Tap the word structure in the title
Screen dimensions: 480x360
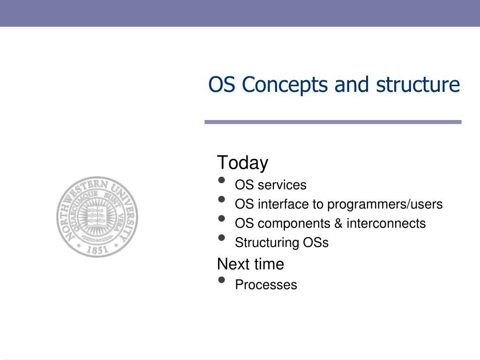click(418, 84)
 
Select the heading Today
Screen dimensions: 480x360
click(242, 163)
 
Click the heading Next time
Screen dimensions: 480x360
click(250, 264)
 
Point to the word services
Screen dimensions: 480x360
click(282, 185)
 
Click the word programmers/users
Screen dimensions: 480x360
click(385, 204)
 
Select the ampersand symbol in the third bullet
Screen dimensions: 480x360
click(338, 223)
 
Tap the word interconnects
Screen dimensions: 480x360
click(386, 223)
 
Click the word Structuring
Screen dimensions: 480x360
click(267, 243)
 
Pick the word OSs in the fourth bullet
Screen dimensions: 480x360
click(315, 242)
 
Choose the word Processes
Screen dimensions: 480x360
click(266, 285)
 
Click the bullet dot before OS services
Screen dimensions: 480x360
click(222, 180)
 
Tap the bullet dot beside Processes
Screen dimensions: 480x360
click(222, 280)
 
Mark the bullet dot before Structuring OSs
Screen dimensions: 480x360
click(222, 238)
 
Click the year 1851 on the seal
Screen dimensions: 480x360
click(97, 249)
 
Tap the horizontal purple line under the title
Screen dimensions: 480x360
click(333, 122)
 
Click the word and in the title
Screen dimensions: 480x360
click(352, 84)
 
